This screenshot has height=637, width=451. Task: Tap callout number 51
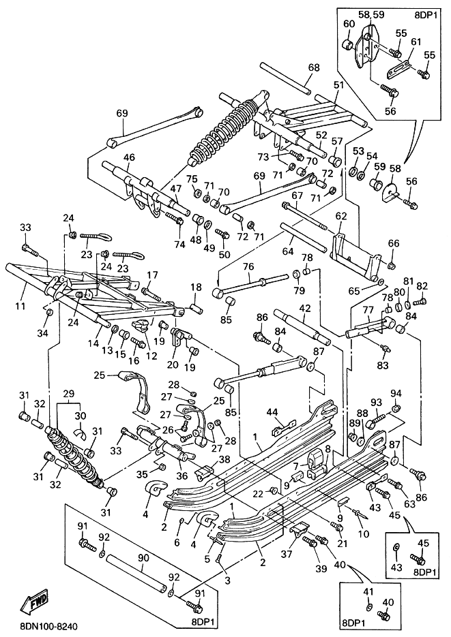338,85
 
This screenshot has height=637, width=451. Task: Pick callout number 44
272,413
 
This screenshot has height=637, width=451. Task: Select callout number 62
340,216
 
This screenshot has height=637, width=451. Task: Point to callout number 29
69,393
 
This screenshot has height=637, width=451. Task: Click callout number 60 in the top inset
349,24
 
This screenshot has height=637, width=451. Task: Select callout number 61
416,42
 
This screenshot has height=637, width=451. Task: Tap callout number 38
224,459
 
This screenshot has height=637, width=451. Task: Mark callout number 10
364,534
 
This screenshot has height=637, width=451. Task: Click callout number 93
376,402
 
